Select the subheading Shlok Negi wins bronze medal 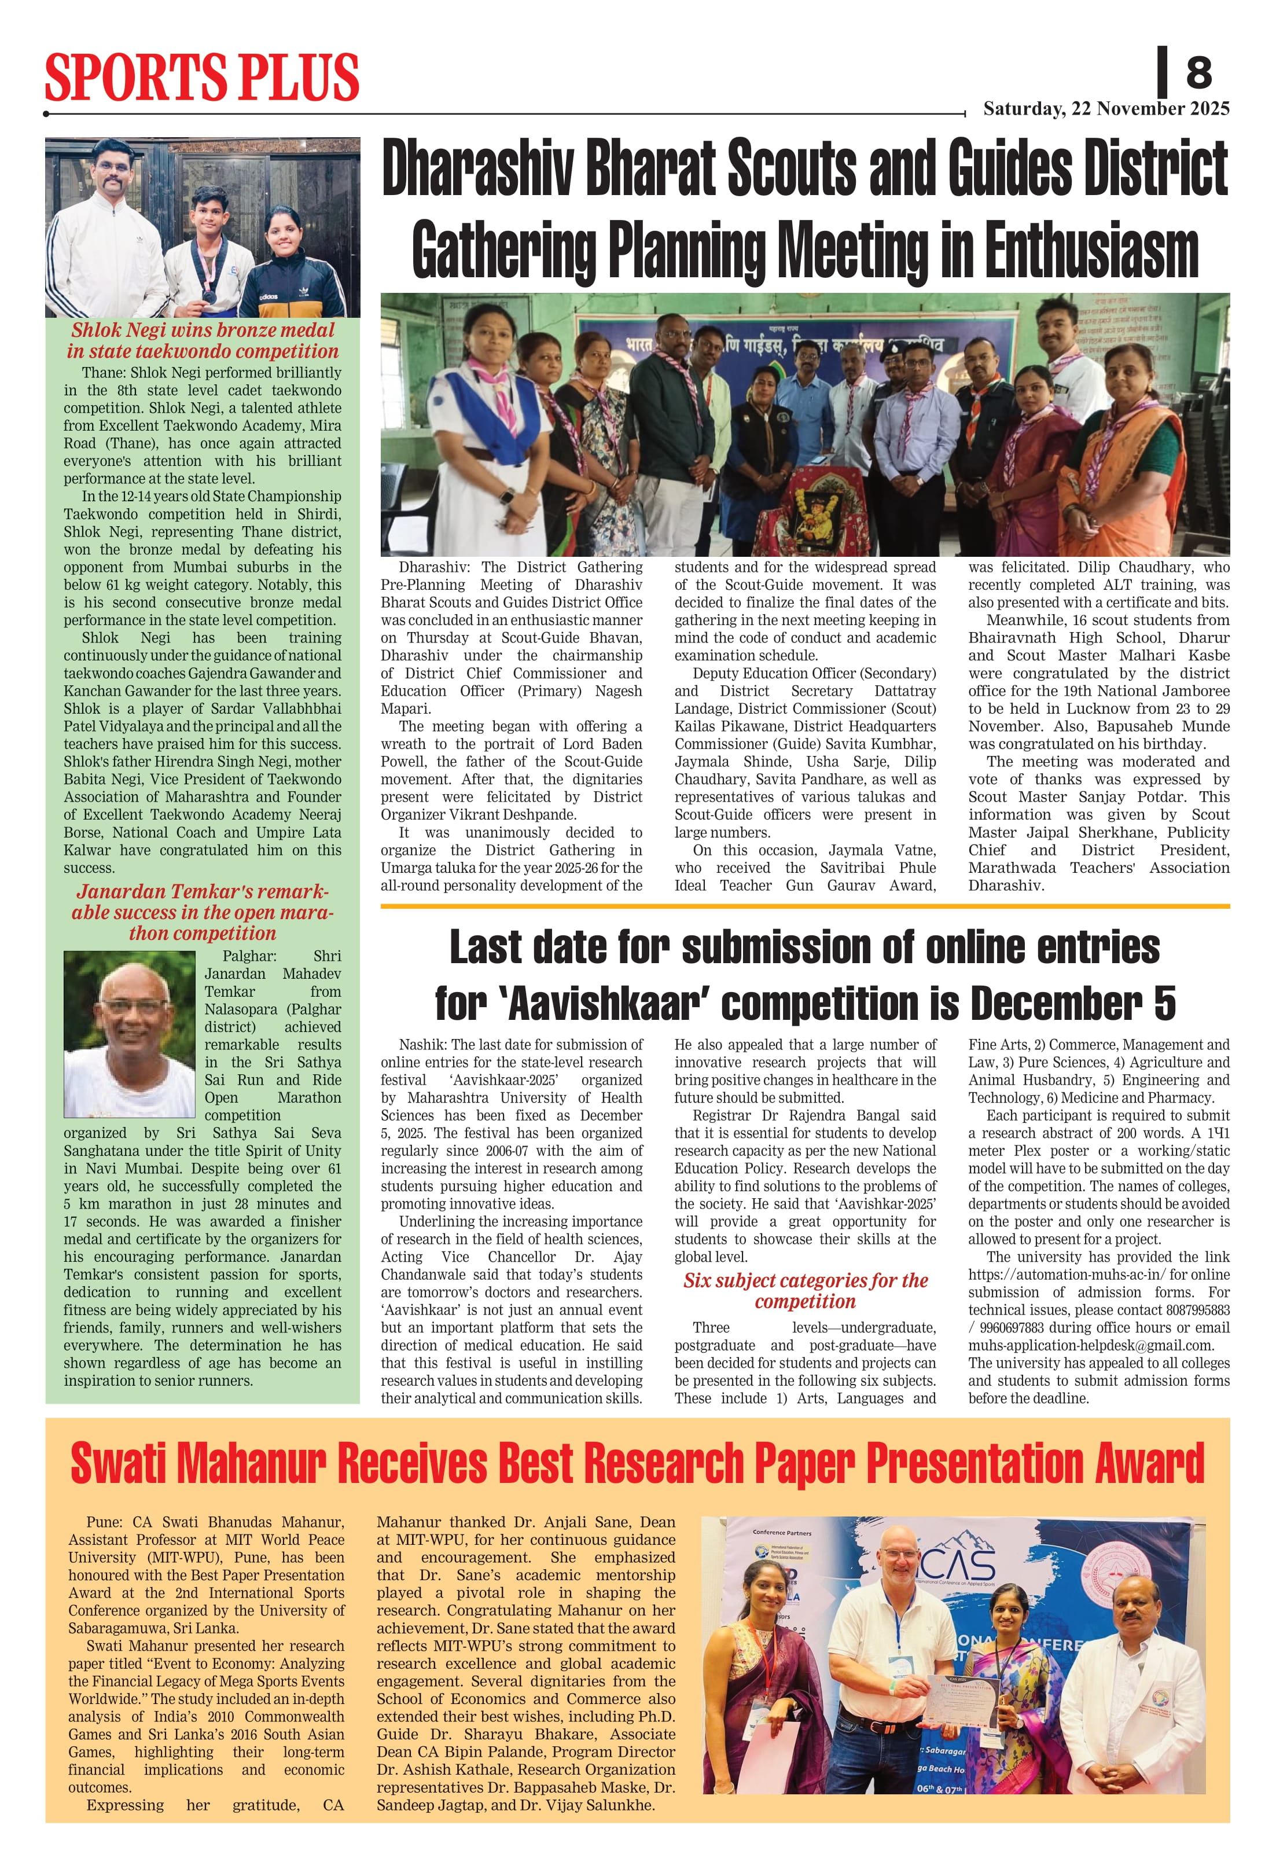coord(203,331)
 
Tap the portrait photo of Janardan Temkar coord(130,1034)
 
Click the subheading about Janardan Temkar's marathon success coord(202,912)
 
